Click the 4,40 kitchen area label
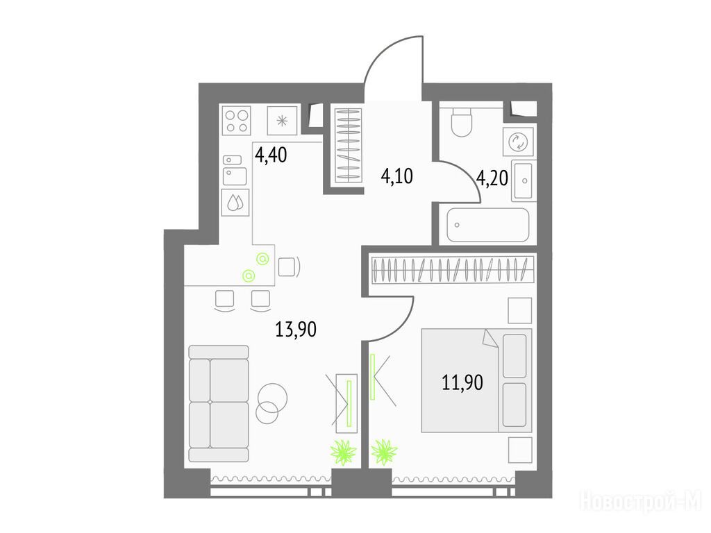click(271, 155)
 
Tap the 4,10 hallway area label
click(396, 176)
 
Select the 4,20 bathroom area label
click(492, 178)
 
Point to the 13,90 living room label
click(296, 329)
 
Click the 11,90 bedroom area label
click(462, 382)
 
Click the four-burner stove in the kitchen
click(237, 120)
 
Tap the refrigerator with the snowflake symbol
click(282, 121)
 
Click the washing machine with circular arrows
click(518, 142)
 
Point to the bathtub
click(488, 225)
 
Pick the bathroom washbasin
click(524, 180)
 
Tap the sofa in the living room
click(219, 403)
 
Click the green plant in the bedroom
click(384, 451)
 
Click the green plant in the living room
click(343, 451)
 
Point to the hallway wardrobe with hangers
click(349, 145)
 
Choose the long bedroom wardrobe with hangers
click(453, 270)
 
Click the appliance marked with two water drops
click(235, 202)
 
